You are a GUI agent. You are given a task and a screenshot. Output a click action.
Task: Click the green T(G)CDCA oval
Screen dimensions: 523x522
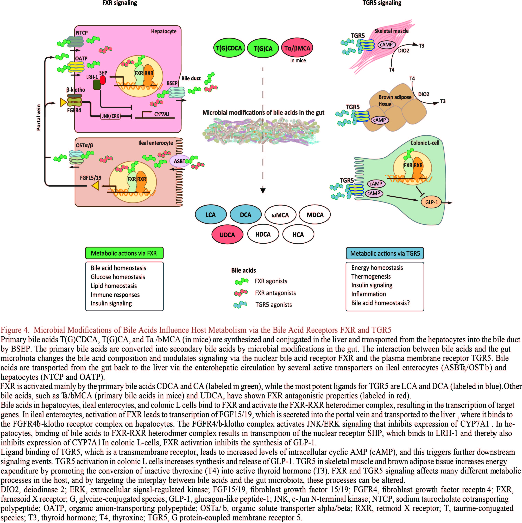point(229,48)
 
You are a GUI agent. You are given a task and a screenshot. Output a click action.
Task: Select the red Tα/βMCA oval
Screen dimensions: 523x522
point(297,48)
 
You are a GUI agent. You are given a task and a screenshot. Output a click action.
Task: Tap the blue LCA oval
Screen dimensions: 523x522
point(211,215)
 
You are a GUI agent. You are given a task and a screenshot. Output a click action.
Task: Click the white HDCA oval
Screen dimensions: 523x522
point(263,234)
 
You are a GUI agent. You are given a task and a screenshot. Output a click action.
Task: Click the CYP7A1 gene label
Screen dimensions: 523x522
point(162,114)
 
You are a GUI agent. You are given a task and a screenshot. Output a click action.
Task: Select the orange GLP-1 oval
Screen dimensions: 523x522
point(431,202)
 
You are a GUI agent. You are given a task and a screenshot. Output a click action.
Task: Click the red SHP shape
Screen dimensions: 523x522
point(103,80)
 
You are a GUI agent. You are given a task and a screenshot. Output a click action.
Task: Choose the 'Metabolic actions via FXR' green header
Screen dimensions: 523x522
point(124,253)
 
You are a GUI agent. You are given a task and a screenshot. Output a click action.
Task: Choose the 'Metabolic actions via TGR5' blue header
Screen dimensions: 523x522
point(385,253)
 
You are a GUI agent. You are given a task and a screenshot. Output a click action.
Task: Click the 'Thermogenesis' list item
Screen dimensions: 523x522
point(371,276)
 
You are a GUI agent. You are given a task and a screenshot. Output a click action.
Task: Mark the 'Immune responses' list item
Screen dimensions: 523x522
point(115,294)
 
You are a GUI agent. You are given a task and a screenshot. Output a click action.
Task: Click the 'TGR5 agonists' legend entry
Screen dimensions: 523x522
point(273,305)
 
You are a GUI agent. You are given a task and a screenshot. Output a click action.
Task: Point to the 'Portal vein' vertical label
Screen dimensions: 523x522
point(38,118)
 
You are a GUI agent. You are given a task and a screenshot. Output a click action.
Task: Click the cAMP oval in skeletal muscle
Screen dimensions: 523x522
point(386,45)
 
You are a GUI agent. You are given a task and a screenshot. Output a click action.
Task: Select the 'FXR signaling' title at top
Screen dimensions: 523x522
point(120,3)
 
